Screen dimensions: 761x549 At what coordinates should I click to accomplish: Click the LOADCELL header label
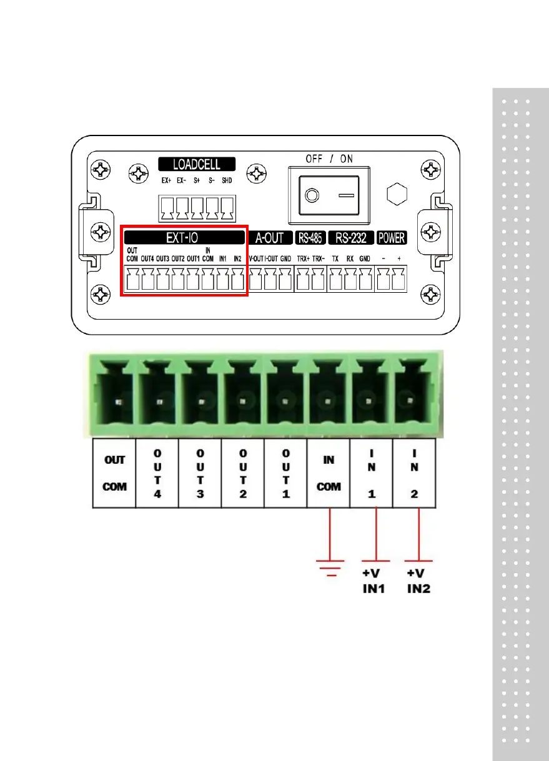coord(197,165)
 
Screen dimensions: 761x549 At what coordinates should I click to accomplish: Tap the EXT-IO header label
coord(183,237)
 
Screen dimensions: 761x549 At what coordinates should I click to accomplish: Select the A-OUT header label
coord(270,237)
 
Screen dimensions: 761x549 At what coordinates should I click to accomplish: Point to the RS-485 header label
coord(309,237)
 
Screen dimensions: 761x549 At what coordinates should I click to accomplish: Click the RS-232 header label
coord(350,237)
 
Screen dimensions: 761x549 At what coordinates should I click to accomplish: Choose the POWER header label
coord(392,237)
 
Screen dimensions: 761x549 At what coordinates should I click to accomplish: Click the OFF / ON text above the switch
coord(329,159)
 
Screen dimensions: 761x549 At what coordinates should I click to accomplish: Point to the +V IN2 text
coord(418,581)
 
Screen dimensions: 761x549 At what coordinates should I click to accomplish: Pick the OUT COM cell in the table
coord(114,473)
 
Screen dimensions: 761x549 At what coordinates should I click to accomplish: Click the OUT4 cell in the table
coord(157,473)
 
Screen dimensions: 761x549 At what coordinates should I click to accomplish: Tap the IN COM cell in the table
coord(329,473)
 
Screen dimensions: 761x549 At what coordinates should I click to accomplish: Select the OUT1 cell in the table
coord(285,473)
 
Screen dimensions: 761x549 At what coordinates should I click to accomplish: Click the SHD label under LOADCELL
coord(227,181)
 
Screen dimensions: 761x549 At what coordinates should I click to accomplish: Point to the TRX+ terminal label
coord(304,257)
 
